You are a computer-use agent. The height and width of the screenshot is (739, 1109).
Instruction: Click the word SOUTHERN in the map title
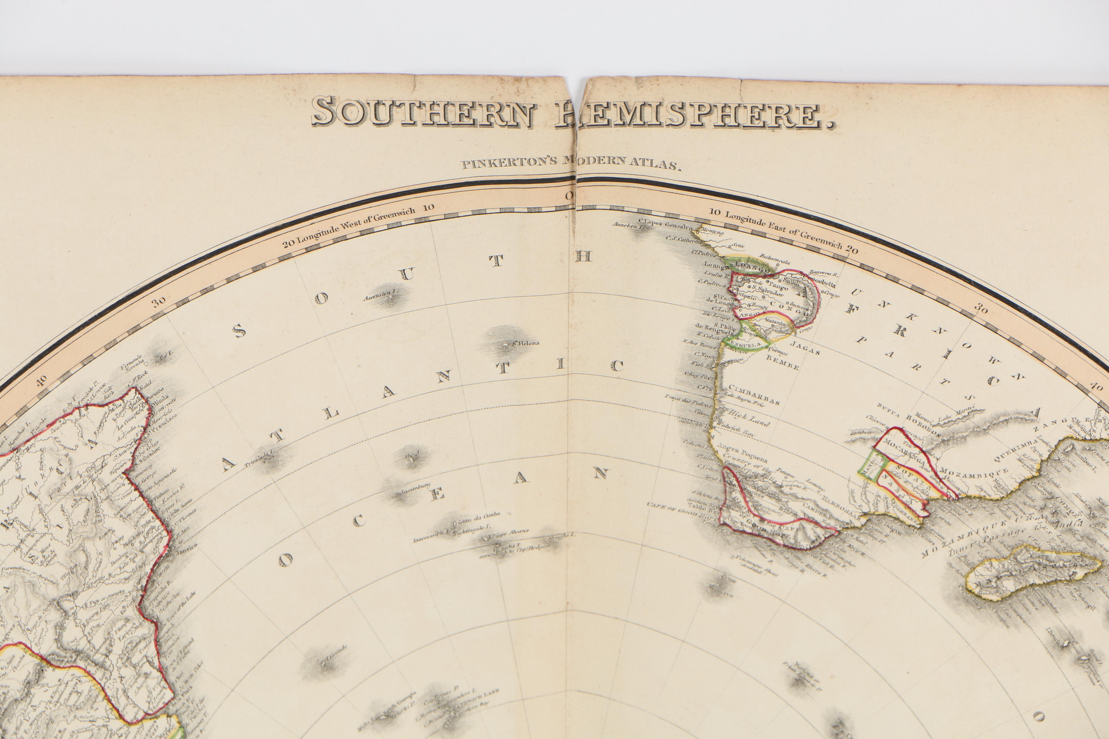click(423, 112)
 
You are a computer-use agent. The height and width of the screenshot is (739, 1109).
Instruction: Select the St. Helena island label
click(526, 343)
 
